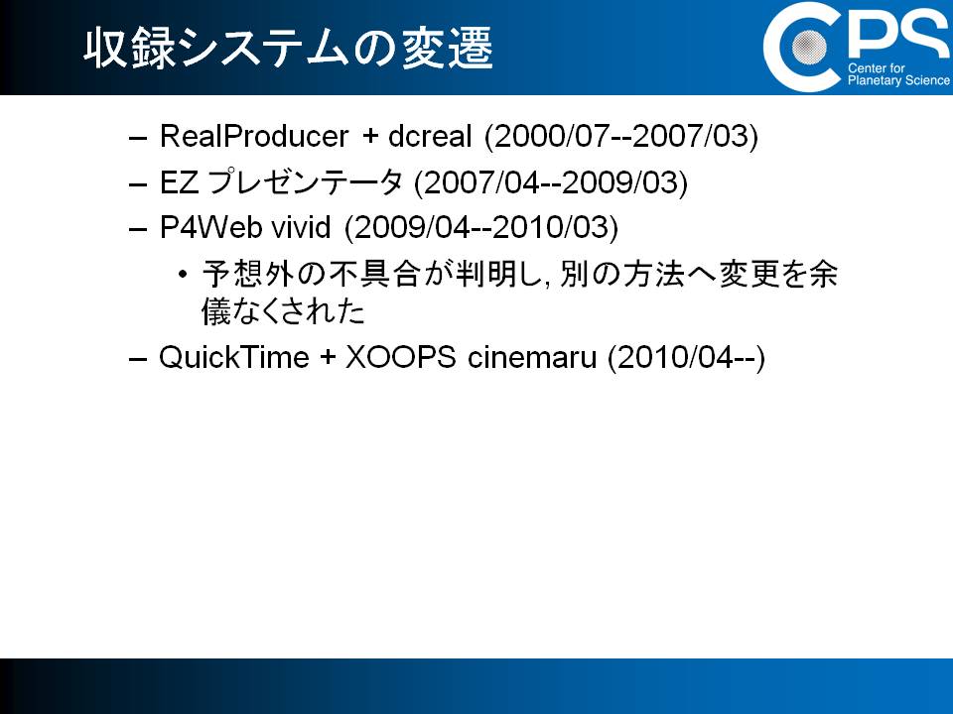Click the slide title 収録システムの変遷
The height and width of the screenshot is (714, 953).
coord(288,48)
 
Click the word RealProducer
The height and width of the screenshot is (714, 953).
coord(254,136)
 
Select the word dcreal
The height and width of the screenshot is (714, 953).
coord(430,136)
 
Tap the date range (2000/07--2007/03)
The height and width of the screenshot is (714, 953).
coord(621,136)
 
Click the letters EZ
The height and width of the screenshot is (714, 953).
coord(179,182)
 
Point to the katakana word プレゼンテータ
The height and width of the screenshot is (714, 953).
coord(305,181)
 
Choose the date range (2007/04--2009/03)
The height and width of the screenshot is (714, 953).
coord(551,182)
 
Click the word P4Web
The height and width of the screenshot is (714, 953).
coord(210,227)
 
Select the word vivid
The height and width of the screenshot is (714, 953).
coord(301,227)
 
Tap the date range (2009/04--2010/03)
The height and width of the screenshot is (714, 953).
coord(481,228)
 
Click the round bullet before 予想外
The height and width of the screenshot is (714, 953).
coord(183,275)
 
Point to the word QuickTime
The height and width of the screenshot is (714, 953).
coord(234,356)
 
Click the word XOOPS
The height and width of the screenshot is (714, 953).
coord(400,356)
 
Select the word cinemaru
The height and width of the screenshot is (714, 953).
coord(532,357)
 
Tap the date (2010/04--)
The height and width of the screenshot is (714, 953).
coord(686,357)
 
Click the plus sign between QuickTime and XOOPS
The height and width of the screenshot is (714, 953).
coord(328,358)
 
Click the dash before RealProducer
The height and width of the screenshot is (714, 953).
coord(138,139)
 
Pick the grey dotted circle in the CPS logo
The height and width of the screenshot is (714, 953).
coord(809,47)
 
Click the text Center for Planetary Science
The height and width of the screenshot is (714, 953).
coord(898,74)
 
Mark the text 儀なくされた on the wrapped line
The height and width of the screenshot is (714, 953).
coord(283,311)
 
